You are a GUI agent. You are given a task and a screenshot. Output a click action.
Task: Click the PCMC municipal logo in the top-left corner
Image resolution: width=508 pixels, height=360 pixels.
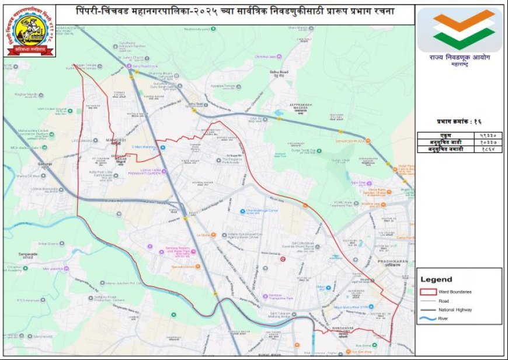tap(31, 32)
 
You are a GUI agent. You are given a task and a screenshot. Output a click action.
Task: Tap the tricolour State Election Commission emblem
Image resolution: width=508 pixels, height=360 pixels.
tap(460, 30)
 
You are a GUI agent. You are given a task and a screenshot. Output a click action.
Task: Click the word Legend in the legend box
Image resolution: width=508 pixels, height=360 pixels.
tap(436, 279)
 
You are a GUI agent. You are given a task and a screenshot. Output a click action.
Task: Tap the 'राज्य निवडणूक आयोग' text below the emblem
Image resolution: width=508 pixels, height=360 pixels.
tap(459, 59)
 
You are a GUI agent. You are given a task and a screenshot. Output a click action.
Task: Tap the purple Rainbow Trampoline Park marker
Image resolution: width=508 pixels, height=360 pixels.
tap(265, 296)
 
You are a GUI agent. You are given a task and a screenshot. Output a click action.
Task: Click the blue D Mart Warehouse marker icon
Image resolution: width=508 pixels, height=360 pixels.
tap(162, 147)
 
